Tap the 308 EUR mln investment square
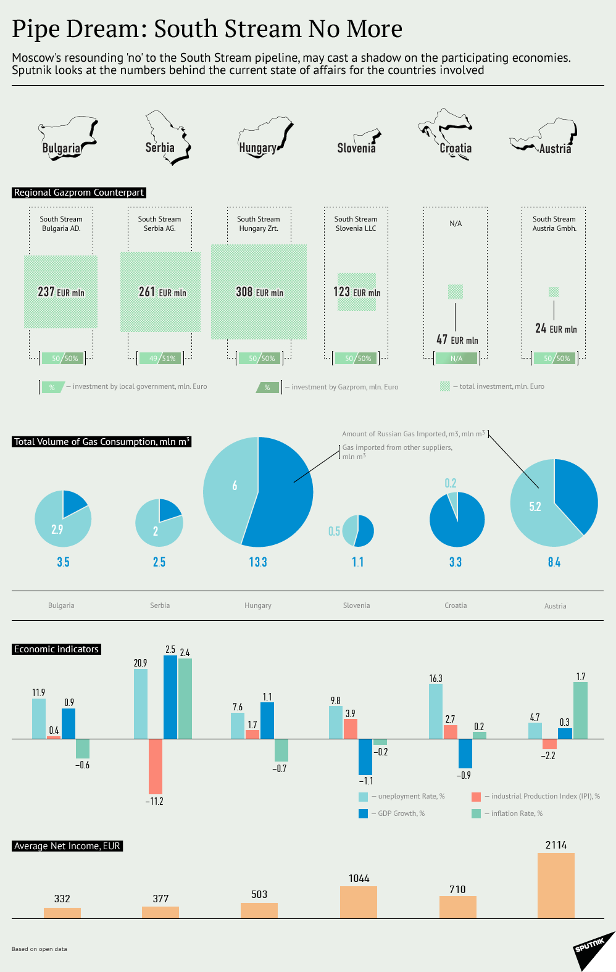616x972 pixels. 259,292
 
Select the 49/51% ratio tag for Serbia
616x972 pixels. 162,358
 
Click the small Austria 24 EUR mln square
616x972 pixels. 554,292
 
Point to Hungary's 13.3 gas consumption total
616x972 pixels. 258,562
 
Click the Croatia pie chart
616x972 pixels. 457,520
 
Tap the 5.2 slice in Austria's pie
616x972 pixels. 535,507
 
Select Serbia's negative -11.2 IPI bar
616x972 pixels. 156,766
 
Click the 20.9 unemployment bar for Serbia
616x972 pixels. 141,704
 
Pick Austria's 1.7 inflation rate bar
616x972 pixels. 580,710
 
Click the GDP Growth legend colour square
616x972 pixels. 364,813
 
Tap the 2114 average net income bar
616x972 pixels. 556,885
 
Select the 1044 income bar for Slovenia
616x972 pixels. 359,902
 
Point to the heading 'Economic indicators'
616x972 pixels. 56,649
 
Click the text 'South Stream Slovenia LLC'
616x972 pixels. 356,223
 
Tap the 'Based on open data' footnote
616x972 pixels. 39,949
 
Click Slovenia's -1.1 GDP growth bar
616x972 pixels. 365,757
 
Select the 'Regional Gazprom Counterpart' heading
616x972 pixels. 79,193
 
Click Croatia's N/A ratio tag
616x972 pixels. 456,358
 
